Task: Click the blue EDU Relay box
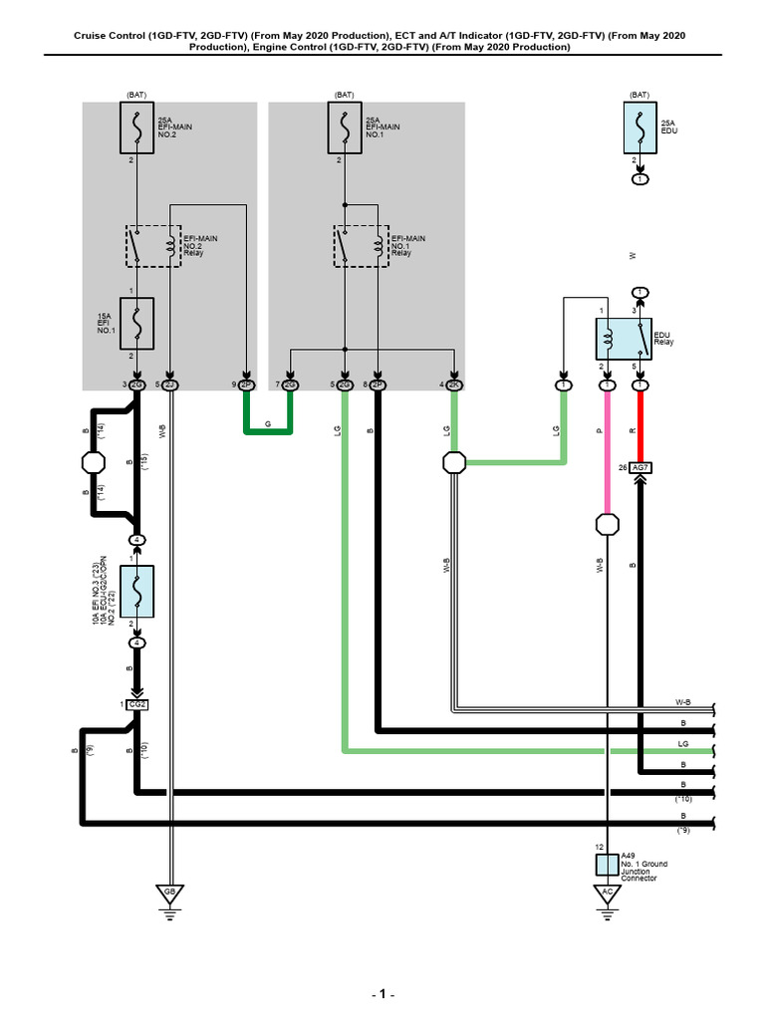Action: coord(622,340)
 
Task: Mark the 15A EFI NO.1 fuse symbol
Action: coord(137,324)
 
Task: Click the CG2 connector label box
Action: coord(137,705)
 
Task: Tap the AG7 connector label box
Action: coord(639,466)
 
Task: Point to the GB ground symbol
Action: coord(170,892)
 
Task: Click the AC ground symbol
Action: coord(605,892)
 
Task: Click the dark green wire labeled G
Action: coord(268,430)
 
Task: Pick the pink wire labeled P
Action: coord(605,448)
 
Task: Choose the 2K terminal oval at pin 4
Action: coord(454,384)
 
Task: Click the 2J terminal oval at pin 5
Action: coord(170,384)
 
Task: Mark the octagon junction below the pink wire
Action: coord(605,524)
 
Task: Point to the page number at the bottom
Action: coord(382,994)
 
